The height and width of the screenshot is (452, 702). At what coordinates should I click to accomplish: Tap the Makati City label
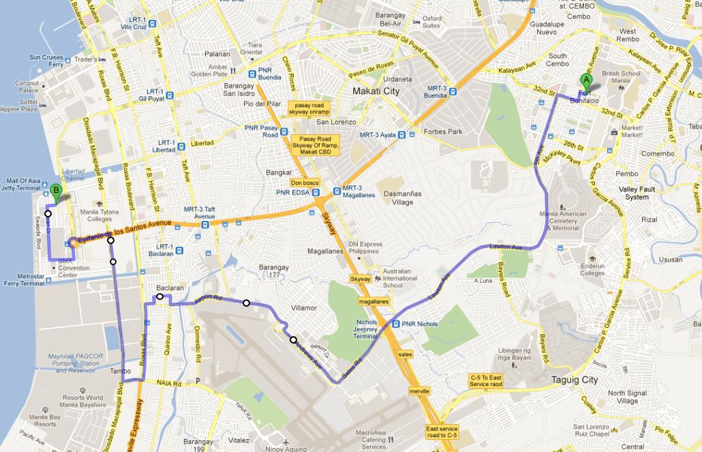[x=376, y=91]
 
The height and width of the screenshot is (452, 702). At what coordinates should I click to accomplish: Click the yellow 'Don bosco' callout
[x=305, y=183]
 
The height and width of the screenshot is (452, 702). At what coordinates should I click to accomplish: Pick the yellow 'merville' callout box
[x=419, y=391]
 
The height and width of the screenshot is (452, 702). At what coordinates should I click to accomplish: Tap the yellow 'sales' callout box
[x=406, y=355]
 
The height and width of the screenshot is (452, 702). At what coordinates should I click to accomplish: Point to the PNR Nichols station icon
[x=397, y=324]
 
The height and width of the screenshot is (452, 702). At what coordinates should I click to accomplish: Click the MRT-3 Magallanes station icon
[x=337, y=191]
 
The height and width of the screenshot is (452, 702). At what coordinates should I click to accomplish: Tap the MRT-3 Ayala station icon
[x=405, y=135]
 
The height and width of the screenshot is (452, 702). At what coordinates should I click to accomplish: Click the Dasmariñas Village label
[x=408, y=198]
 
